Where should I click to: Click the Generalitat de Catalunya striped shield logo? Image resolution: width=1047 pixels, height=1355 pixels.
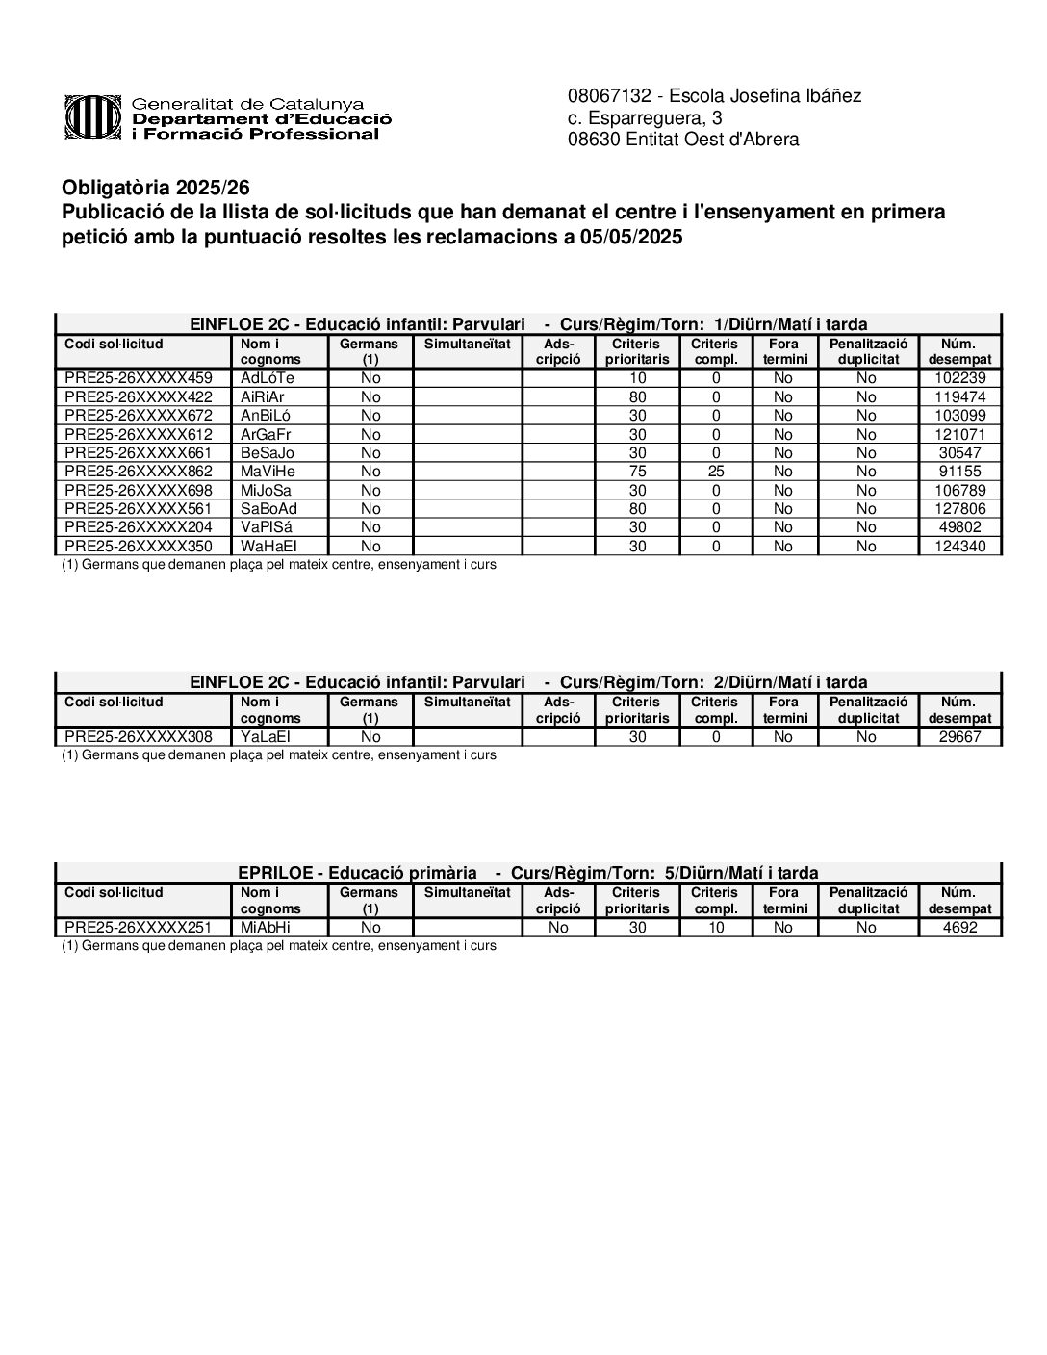click(x=92, y=117)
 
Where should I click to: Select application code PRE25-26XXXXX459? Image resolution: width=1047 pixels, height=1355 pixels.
click(x=138, y=378)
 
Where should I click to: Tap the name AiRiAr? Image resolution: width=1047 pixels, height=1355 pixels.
click(x=263, y=396)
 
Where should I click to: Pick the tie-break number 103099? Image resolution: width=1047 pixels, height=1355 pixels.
click(x=960, y=416)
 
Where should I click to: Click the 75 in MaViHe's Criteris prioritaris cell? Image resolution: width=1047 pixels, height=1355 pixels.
click(x=637, y=472)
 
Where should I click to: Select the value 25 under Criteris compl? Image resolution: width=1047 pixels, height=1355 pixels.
click(x=716, y=472)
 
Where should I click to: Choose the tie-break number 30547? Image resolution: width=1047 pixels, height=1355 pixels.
click(x=960, y=453)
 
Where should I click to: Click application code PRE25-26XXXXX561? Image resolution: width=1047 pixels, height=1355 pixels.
click(x=138, y=509)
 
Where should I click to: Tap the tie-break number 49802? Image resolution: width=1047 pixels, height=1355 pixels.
click(x=960, y=527)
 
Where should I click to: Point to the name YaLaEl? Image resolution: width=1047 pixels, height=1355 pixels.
click(x=266, y=737)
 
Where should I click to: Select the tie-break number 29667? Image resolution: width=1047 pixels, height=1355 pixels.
click(x=960, y=737)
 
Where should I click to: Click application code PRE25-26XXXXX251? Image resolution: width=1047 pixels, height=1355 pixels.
click(x=138, y=928)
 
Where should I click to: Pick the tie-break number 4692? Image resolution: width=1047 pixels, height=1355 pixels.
click(x=960, y=928)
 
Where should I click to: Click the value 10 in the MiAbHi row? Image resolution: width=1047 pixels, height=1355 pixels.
click(x=716, y=928)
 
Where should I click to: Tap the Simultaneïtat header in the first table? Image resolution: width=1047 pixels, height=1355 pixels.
click(x=467, y=344)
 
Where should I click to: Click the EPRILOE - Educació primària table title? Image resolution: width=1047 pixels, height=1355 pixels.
click(x=357, y=873)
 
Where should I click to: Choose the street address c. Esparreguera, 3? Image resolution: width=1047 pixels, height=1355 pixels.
click(x=645, y=118)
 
